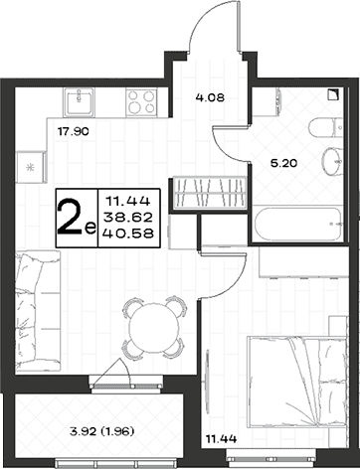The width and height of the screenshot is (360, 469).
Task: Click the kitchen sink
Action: tap(79, 102)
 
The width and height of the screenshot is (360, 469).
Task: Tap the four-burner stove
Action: tap(141, 102)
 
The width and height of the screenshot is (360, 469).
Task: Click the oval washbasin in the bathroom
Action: tap(332, 162)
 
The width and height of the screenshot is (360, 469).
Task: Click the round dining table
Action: tap(153, 328)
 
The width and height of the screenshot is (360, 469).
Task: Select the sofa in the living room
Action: tap(38, 311)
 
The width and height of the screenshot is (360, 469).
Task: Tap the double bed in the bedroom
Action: tap(297, 382)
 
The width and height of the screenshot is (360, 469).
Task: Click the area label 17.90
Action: tap(74, 132)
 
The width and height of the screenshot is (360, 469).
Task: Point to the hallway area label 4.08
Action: tap(210, 97)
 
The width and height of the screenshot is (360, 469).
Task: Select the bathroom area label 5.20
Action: tap(283, 163)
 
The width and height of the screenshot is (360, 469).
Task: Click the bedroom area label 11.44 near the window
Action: tap(222, 439)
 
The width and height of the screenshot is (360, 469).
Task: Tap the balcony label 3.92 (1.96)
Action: tap(101, 431)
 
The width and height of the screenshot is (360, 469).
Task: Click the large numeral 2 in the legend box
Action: tap(71, 218)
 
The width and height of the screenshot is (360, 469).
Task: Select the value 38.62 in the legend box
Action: tap(128, 218)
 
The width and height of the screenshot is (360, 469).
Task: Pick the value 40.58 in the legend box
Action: tap(128, 234)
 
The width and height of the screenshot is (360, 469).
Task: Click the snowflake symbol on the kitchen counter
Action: tap(31, 167)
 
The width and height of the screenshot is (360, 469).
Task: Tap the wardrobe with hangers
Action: tap(209, 193)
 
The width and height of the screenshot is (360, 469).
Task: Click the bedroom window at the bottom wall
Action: tap(270, 459)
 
